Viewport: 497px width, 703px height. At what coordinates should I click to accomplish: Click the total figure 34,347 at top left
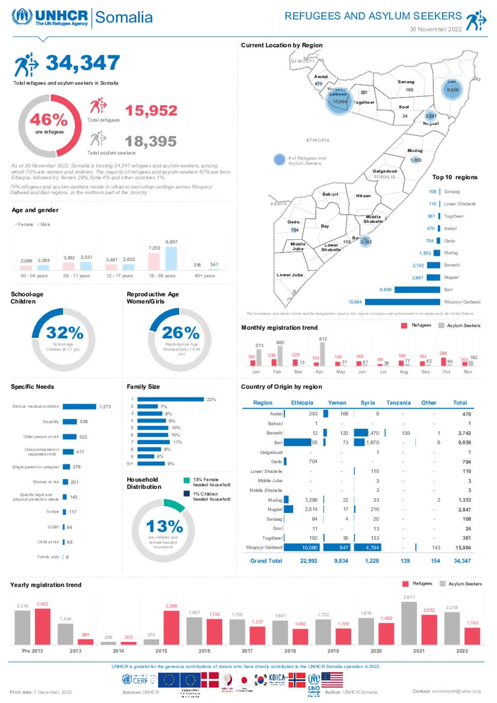click(83, 63)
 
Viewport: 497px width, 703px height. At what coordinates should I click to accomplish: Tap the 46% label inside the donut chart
click(49, 119)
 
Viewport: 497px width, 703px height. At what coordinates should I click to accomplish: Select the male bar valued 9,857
click(171, 258)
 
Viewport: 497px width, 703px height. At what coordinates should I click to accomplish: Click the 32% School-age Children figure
click(65, 333)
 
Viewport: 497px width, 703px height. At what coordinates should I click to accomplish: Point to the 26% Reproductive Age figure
click(181, 333)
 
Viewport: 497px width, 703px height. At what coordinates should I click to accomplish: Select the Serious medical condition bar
click(79, 407)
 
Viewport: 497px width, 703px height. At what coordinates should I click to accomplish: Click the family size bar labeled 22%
click(170, 400)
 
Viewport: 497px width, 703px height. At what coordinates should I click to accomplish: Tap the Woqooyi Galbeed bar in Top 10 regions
click(402, 302)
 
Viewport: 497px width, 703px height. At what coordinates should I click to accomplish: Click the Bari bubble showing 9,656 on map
click(452, 90)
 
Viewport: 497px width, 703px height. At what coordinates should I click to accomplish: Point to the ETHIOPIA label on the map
click(318, 140)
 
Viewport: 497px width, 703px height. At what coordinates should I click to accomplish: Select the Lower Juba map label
click(290, 275)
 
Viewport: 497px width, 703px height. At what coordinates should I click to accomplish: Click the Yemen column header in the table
click(337, 403)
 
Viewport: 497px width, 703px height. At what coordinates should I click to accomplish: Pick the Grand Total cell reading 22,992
click(309, 561)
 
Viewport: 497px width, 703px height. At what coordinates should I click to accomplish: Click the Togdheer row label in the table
click(272, 538)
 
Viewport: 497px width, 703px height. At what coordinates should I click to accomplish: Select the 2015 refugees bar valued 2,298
click(171, 627)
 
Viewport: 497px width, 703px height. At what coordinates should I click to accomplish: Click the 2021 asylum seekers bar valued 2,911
click(409, 623)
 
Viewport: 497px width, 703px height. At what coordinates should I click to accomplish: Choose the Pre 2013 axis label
click(33, 651)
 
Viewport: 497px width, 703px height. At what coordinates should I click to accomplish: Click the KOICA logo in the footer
click(277, 679)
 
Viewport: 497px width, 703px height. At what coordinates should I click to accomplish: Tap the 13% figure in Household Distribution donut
click(165, 527)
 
